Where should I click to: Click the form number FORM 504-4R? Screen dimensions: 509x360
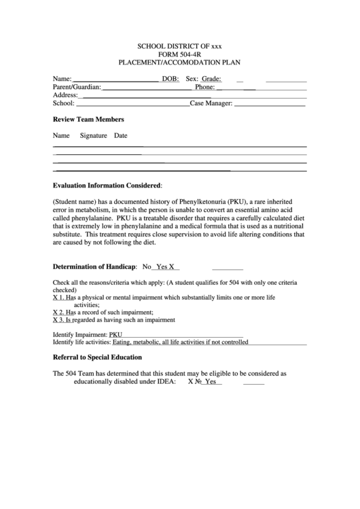click(x=179, y=54)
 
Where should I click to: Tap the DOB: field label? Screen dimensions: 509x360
click(x=170, y=79)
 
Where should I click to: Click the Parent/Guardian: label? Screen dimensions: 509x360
click(x=77, y=87)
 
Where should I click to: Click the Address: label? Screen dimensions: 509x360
click(x=66, y=96)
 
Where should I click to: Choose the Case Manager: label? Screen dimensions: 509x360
click(x=212, y=104)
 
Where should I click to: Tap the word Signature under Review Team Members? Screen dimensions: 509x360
click(x=94, y=135)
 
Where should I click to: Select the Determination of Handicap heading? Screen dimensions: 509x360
click(x=95, y=267)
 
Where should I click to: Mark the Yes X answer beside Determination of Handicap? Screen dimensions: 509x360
click(x=165, y=267)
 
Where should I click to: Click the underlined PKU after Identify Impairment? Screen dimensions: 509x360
click(x=116, y=335)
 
